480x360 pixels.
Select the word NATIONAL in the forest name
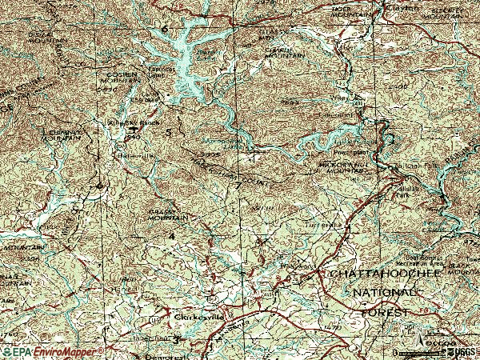[x=384, y=294]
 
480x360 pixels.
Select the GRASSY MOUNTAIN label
[x=168, y=214]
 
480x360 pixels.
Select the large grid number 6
[x=166, y=30]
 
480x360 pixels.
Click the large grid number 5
[x=169, y=131]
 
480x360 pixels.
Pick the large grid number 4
[x=172, y=237]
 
